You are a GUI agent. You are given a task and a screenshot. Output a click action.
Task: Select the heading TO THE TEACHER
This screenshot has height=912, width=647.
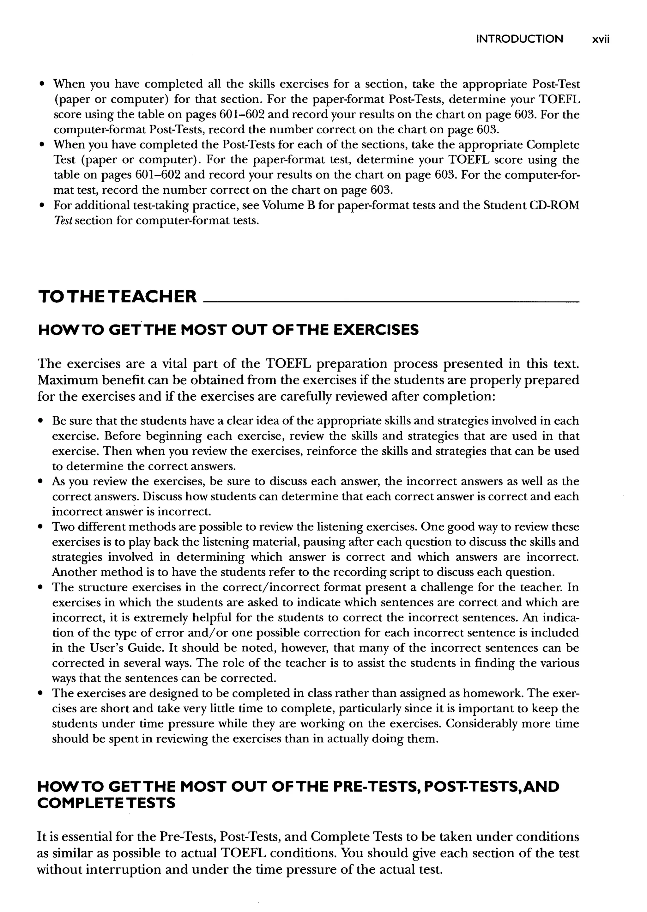pyautogui.click(x=117, y=297)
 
